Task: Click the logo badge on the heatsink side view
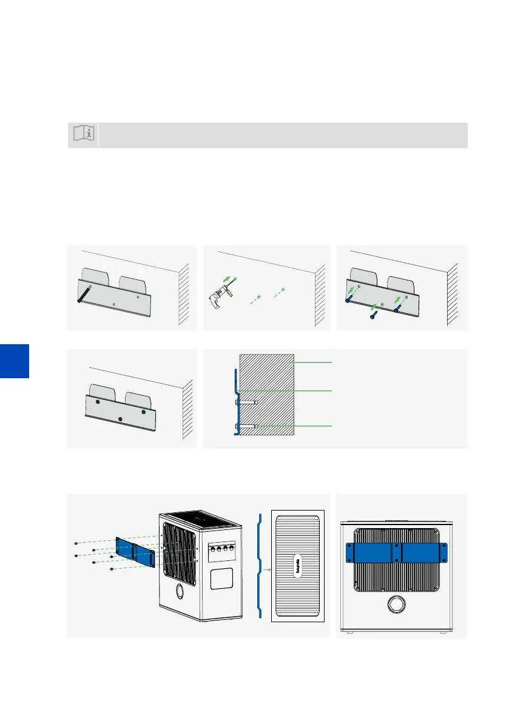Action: [x=298, y=569]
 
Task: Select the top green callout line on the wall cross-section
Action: [x=314, y=362]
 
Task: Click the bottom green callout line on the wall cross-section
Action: [x=314, y=427]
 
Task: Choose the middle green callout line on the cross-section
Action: [x=314, y=390]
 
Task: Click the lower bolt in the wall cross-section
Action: [x=246, y=427]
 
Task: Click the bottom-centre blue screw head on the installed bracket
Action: [x=121, y=419]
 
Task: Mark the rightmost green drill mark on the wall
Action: [x=281, y=290]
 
